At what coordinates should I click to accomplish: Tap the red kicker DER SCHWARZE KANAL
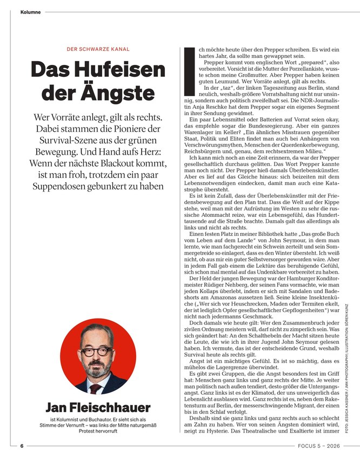pyautogui.click(x=98, y=49)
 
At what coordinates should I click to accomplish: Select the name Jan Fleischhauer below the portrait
pyautogui.click(x=98, y=407)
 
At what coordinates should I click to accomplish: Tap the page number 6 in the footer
pyautogui.click(x=22, y=446)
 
